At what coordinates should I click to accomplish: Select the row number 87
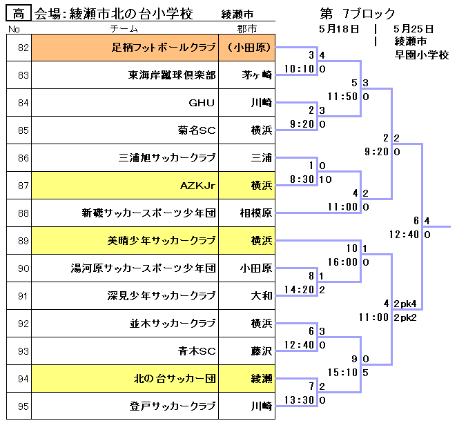(x=23, y=186)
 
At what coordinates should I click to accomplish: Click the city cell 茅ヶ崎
(x=257, y=76)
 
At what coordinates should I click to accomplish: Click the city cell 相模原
(x=255, y=213)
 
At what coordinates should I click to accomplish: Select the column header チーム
(x=124, y=29)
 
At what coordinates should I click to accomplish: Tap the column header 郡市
(x=246, y=29)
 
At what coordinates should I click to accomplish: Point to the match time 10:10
(x=300, y=69)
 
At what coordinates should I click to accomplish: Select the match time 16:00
(x=344, y=262)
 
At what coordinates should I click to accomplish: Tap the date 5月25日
(x=413, y=29)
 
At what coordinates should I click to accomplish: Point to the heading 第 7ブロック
(x=358, y=13)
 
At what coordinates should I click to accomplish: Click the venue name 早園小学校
(x=422, y=55)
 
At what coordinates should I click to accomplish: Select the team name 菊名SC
(x=197, y=130)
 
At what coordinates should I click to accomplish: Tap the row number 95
(x=23, y=406)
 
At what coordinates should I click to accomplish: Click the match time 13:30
(x=300, y=400)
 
